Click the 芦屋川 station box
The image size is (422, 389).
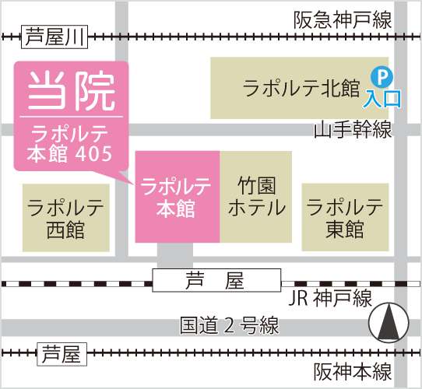pos(55,37)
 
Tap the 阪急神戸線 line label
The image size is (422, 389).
pos(343,20)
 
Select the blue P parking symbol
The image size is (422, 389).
pos(382,77)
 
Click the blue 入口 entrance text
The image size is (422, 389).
pos(382,99)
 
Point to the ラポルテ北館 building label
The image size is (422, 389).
pos(301,88)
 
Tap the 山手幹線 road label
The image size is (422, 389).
pos(353,129)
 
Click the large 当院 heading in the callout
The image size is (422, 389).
pos(72,91)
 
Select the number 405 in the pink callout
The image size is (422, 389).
pos(93,153)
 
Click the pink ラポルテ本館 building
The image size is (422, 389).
pos(178,197)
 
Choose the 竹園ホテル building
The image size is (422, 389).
pos(256,197)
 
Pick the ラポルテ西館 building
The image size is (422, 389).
pos(66,218)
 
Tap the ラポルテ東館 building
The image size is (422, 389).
pos(345,217)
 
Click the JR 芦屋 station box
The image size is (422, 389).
pos(216,280)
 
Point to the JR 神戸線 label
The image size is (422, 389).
pos(330,298)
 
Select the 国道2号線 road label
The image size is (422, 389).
pos(230,325)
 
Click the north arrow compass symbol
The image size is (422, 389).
pos(389,323)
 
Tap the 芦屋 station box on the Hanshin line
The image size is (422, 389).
pos(62,354)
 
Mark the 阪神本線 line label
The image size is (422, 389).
pos(353,372)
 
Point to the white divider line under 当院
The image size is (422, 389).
pos(72,117)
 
